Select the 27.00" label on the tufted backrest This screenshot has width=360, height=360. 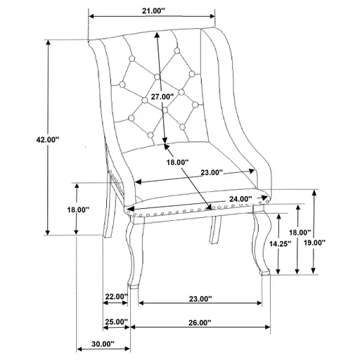coord(162,96)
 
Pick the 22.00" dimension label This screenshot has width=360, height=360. coord(115,297)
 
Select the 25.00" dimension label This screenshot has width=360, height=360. coord(115,322)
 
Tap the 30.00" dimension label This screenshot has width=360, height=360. coord(102,345)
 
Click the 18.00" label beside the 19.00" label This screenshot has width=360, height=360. coord(300,232)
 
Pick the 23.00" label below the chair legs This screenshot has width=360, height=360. coord(200,299)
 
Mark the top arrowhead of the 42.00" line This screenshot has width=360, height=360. coord(48,42)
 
